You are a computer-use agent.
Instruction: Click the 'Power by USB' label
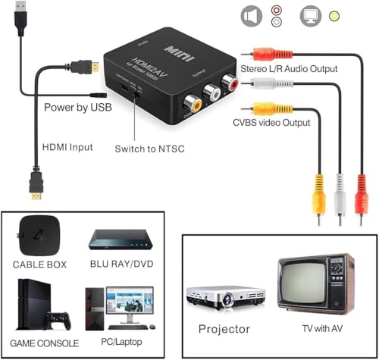pyautogui.click(x=78, y=108)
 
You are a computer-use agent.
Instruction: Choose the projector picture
pyautogui.click(x=225, y=296)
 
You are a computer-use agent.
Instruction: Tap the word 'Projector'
pyautogui.click(x=224, y=329)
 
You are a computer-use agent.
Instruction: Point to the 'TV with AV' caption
pyautogui.click(x=319, y=327)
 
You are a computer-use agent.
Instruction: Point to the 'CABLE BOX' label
pyautogui.click(x=40, y=265)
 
